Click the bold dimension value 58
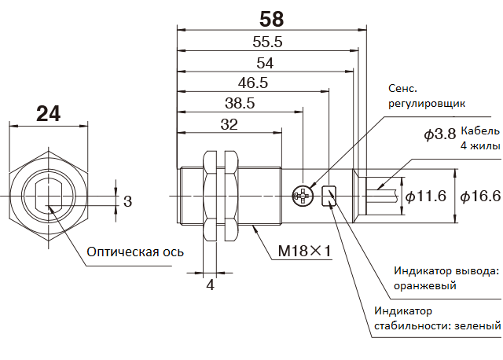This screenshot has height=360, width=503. click(271, 19)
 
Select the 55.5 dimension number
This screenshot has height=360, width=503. click(267, 42)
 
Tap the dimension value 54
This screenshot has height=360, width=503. click(265, 63)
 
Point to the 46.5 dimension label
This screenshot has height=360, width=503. click(253, 83)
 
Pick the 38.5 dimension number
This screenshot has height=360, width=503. click(240, 103)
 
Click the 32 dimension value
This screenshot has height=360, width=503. click(229, 124)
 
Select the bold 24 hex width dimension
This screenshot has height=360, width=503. click(48, 114)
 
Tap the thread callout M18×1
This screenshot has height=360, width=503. click(304, 251)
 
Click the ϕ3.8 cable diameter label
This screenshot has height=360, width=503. click(439, 134)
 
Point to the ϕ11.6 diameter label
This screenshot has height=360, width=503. click(426, 196)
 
